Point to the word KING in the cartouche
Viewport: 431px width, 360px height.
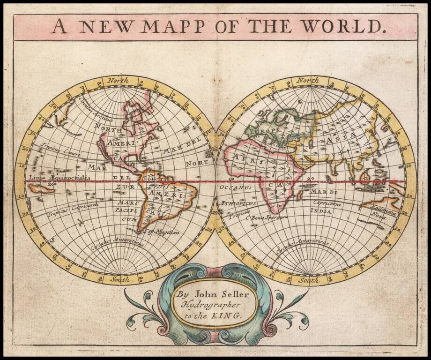coord(229,315)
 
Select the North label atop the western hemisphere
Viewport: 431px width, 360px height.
coord(118,81)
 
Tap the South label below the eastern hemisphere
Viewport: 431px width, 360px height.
coord(309,280)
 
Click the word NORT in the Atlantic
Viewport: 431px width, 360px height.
coord(197,164)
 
